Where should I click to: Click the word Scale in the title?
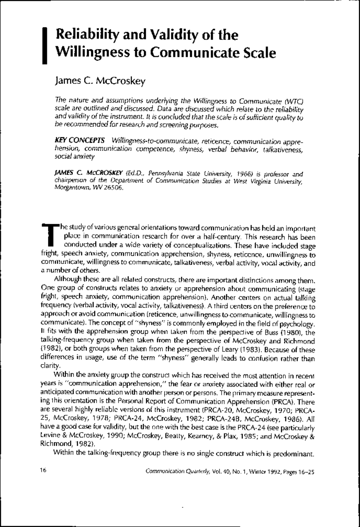point(259,53)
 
